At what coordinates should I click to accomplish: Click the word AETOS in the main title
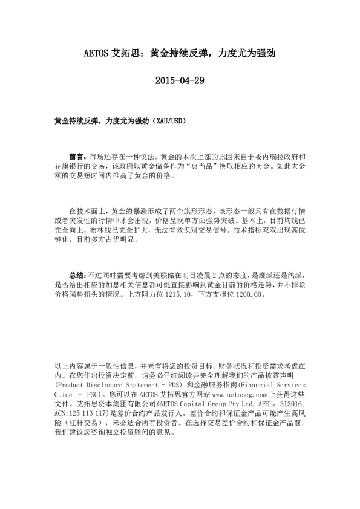96,53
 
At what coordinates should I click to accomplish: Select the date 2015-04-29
180,80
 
